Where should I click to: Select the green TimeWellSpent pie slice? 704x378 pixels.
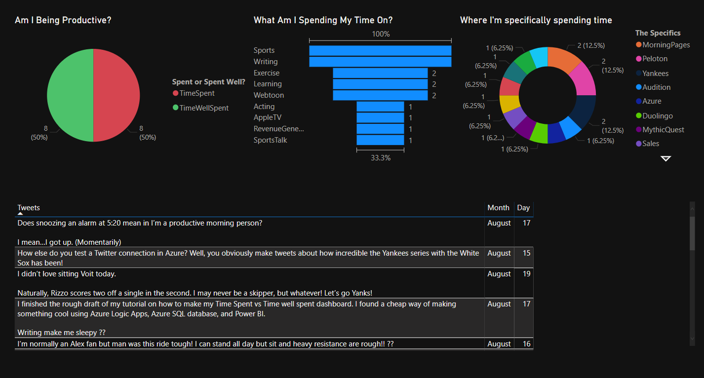(70, 95)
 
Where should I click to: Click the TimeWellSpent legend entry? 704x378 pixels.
(201, 108)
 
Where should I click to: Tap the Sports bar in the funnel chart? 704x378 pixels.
(380, 51)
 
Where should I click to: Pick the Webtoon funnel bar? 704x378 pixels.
(380, 95)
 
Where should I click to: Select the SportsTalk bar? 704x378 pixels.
(380, 140)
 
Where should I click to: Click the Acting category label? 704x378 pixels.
(264, 107)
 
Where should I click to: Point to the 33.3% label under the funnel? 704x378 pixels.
(381, 158)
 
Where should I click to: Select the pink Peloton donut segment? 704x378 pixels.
(584, 80)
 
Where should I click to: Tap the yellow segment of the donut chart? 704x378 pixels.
(509, 103)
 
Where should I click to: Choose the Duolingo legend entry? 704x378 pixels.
(654, 116)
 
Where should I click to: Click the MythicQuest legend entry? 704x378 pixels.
(660, 130)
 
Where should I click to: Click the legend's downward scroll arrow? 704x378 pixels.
(665, 158)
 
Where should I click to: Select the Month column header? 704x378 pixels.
(499, 208)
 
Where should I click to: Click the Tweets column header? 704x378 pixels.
(29, 208)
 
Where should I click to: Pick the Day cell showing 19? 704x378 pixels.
(526, 274)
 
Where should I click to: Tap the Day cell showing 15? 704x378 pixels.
(526, 253)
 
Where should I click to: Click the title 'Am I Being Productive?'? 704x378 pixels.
(63, 20)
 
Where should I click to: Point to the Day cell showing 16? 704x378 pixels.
(526, 344)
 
